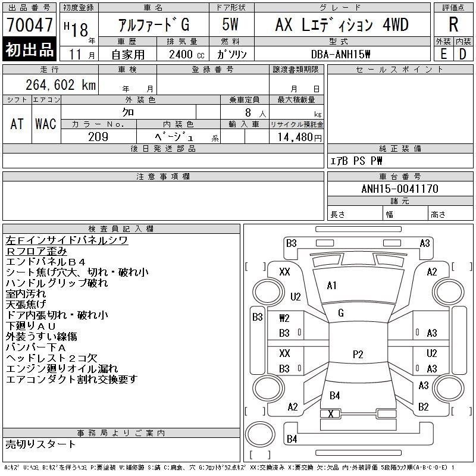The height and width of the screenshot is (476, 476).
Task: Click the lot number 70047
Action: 29,26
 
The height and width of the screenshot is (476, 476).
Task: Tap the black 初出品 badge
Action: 29,50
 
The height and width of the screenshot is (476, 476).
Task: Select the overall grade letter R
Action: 453,25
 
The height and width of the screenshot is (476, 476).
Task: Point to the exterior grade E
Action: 444,54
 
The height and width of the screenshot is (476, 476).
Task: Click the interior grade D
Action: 462,54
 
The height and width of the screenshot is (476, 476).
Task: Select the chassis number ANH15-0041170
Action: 400,189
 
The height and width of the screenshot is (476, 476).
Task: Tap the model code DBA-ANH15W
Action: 341,54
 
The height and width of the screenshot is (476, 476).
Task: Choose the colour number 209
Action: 98,137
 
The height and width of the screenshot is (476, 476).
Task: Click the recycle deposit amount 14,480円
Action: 296,137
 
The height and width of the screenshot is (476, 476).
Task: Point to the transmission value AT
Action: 17,124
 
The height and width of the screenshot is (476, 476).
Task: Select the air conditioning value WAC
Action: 45,124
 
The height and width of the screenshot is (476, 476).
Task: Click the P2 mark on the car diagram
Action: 358,355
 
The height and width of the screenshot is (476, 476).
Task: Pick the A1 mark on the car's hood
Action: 332,286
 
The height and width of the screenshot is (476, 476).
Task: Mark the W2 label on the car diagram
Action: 284,318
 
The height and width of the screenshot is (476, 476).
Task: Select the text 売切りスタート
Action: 41,444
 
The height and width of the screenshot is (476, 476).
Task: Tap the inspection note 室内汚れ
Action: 26,293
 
